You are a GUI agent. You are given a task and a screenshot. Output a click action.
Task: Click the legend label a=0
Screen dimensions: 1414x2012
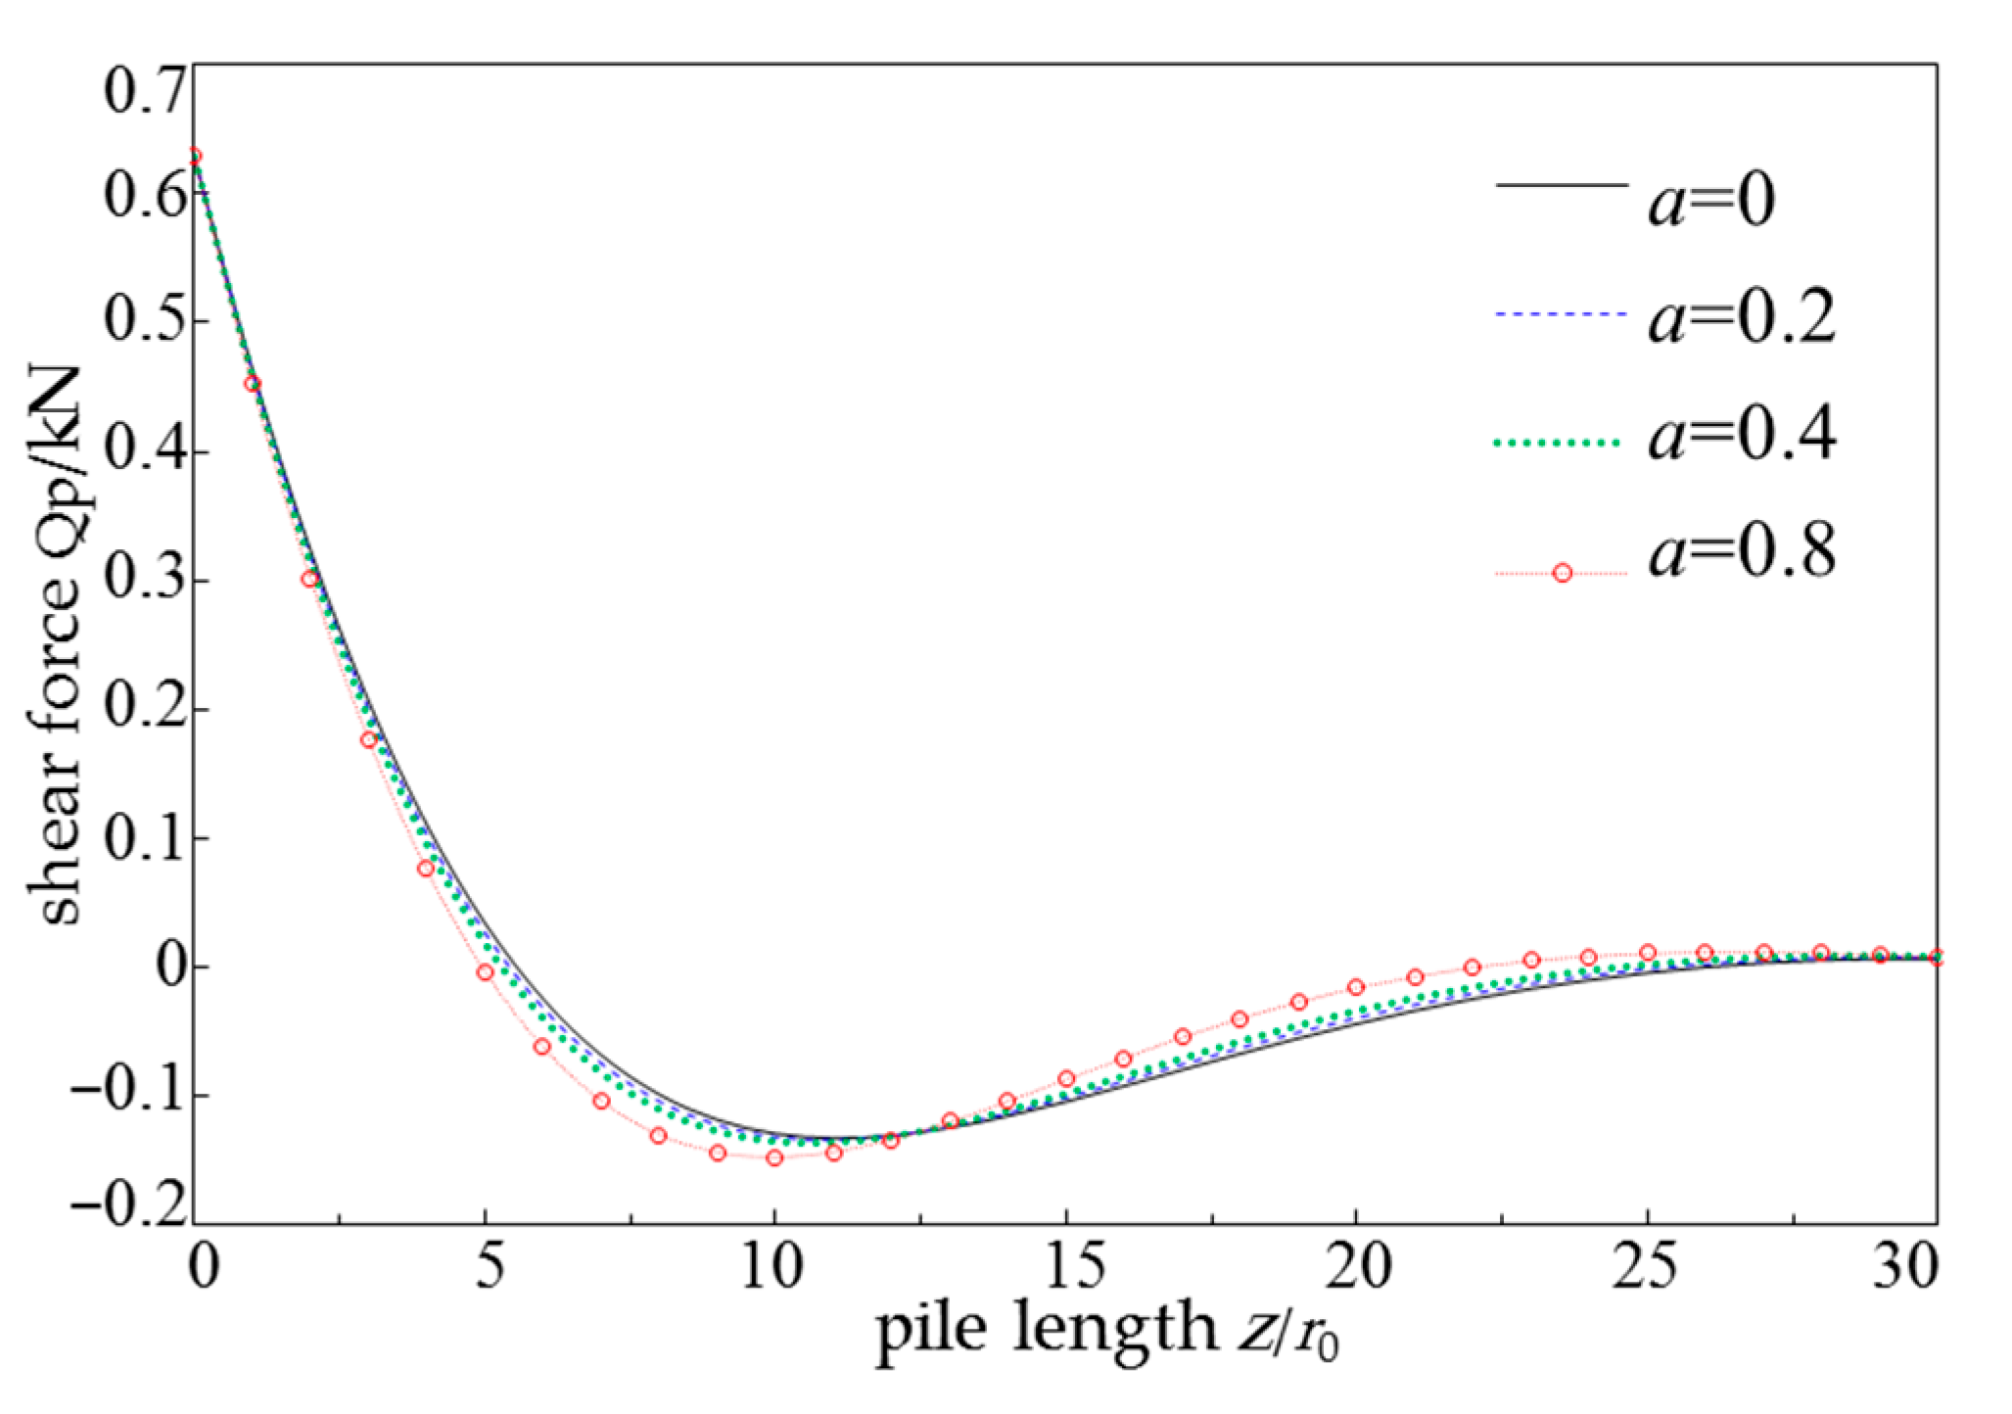(1710, 202)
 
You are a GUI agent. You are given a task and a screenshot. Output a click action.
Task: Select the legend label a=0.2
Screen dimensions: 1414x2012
(1741, 319)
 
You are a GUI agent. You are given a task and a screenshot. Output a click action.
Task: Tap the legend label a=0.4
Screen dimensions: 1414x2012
(1741, 435)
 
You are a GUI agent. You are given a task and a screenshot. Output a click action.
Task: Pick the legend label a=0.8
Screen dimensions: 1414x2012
(1741, 551)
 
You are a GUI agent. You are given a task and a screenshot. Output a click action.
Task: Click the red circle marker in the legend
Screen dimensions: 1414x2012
(1563, 573)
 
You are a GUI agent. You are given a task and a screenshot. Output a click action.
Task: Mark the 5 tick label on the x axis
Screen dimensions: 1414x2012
(489, 1265)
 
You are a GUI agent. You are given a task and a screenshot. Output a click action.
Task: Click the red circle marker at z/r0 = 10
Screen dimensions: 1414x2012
(774, 1157)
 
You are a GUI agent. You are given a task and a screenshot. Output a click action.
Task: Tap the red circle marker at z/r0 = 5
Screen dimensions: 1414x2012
(485, 972)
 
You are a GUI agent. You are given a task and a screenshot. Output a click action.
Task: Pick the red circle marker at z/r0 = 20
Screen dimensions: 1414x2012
(1356, 987)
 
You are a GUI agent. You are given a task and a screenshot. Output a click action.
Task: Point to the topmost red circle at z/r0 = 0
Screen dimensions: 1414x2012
(195, 156)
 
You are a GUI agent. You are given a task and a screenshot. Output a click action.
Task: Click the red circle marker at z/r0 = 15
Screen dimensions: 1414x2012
(1066, 1079)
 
